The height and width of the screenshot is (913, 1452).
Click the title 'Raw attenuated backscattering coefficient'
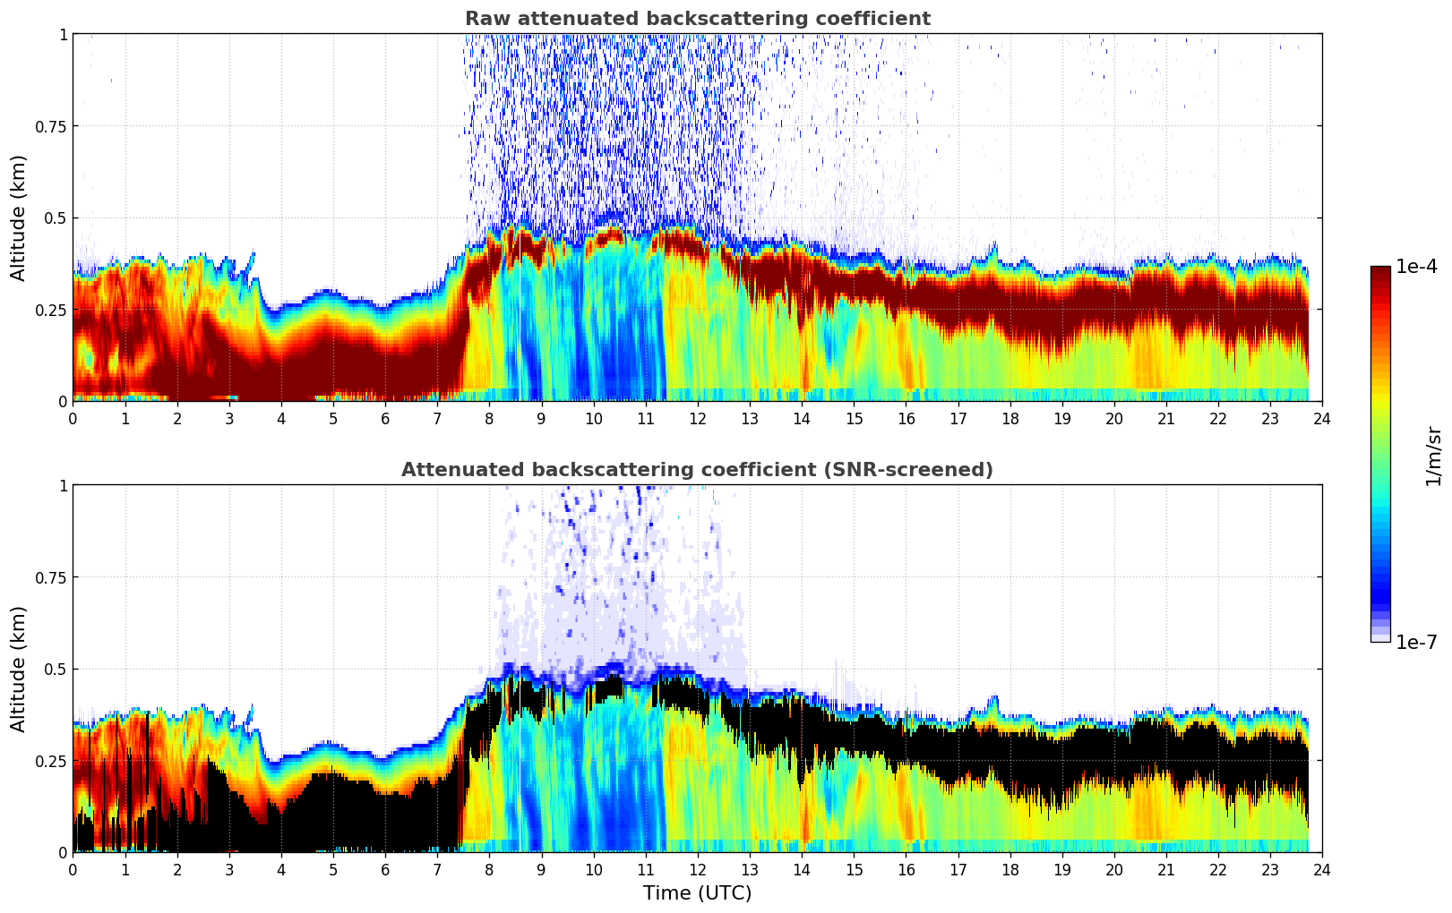tap(697, 19)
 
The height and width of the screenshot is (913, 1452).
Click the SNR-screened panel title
tap(697, 470)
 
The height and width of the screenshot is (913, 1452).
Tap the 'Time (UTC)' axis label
tap(697, 893)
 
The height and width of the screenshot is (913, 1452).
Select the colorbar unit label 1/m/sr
tap(1433, 456)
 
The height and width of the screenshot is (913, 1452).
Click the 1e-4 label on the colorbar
tap(1416, 267)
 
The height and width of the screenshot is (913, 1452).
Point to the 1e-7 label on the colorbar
tap(1416, 642)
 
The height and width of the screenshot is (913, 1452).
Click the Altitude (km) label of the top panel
tap(19, 218)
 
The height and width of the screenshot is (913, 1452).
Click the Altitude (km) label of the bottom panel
tap(19, 669)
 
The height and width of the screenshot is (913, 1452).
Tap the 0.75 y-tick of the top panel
tap(52, 126)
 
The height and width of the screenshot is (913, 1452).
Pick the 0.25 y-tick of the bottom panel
tap(52, 761)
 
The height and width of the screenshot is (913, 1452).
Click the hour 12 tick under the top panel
tap(698, 418)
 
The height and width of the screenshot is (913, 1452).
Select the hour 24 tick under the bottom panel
tap(1322, 869)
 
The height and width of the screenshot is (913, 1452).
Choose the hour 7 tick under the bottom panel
tap(437, 869)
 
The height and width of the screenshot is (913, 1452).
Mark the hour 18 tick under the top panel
tap(1010, 418)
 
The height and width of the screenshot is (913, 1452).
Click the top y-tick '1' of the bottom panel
tap(63, 485)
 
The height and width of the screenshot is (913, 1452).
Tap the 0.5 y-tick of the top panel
tap(56, 218)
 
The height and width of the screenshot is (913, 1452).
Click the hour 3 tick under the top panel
tap(229, 418)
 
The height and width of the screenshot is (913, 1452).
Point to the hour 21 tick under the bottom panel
tap(1166, 869)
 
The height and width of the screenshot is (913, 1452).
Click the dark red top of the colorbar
tap(1380, 271)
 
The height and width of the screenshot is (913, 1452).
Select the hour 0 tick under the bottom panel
tap(73, 869)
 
